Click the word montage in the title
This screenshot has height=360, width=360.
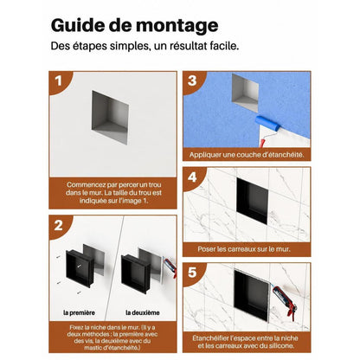tap(177, 27)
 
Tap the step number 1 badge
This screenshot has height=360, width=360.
tap(59, 81)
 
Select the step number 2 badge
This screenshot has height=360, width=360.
tap(59, 225)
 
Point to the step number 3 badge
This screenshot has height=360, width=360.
tap(192, 81)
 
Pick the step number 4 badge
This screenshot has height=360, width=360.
tap(192, 177)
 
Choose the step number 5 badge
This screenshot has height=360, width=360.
tap(192, 273)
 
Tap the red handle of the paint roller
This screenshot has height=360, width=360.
tap(262, 143)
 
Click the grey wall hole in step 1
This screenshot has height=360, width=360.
tap(110, 117)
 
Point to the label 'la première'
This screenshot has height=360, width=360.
tap(79, 312)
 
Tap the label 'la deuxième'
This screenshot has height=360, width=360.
tap(143, 312)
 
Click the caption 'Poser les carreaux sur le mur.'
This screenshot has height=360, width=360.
tap(244, 249)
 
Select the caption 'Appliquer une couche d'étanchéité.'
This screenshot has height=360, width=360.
tap(247, 155)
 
